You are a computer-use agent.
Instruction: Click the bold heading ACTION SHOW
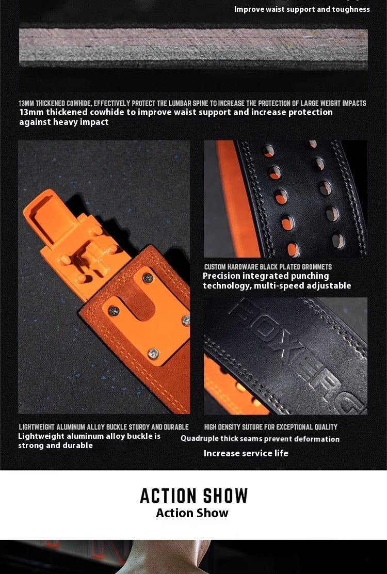pos(194,496)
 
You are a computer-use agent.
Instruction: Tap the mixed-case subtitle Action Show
pos(192,513)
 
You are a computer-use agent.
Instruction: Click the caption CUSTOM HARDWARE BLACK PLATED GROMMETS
pos(268,267)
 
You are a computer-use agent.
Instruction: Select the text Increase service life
pos(246,453)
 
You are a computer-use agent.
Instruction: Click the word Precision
pos(221,276)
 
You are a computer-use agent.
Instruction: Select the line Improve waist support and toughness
pos(302,9)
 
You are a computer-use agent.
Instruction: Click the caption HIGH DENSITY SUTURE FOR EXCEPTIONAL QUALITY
pos(271,427)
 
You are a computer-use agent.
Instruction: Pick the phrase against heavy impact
pos(64,122)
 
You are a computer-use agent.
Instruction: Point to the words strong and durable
pos(56,445)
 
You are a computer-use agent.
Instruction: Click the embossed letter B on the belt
pos(243,310)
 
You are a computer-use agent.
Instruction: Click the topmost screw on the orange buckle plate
pos(148,278)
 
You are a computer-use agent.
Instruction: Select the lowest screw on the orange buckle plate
pos(153,353)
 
